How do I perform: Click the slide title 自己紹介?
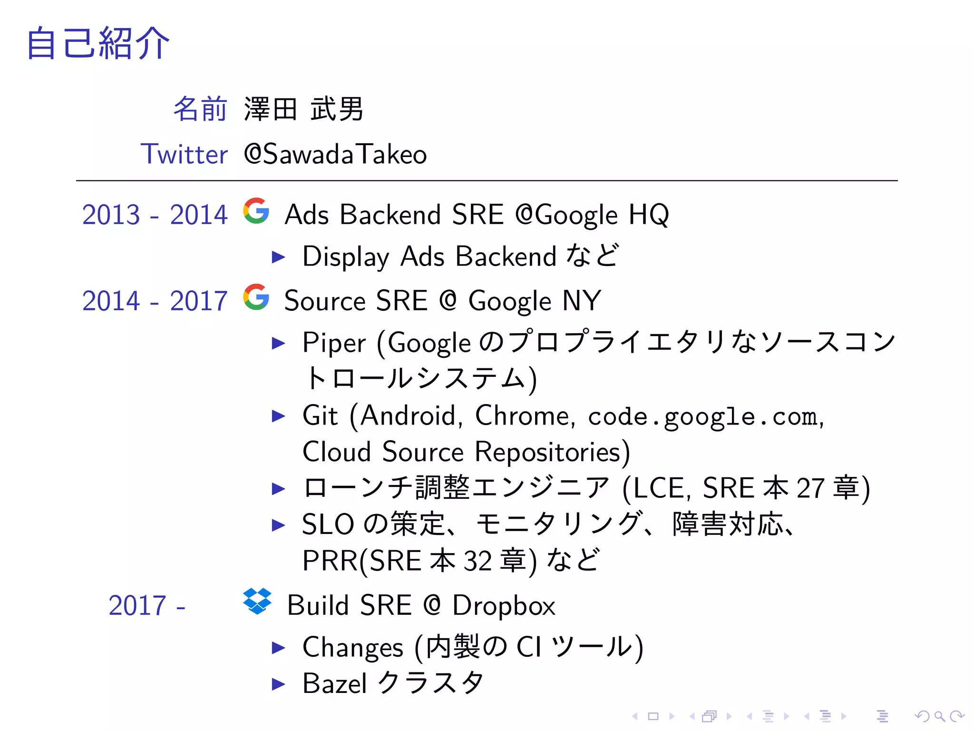click(x=98, y=43)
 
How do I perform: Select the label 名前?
click(x=200, y=109)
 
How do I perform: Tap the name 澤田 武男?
click(x=303, y=109)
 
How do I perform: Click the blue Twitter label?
click(x=184, y=154)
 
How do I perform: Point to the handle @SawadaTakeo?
click(x=335, y=154)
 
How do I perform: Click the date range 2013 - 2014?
click(x=155, y=215)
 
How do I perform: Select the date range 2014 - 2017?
click(x=155, y=301)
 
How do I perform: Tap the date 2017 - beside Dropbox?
click(x=146, y=605)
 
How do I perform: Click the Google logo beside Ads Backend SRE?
click(x=256, y=211)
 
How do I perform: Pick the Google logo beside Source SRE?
click(x=256, y=297)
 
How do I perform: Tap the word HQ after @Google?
click(x=649, y=215)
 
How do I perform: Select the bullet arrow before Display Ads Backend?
click(x=278, y=257)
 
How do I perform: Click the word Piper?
click(x=334, y=343)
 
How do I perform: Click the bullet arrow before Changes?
click(x=278, y=648)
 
